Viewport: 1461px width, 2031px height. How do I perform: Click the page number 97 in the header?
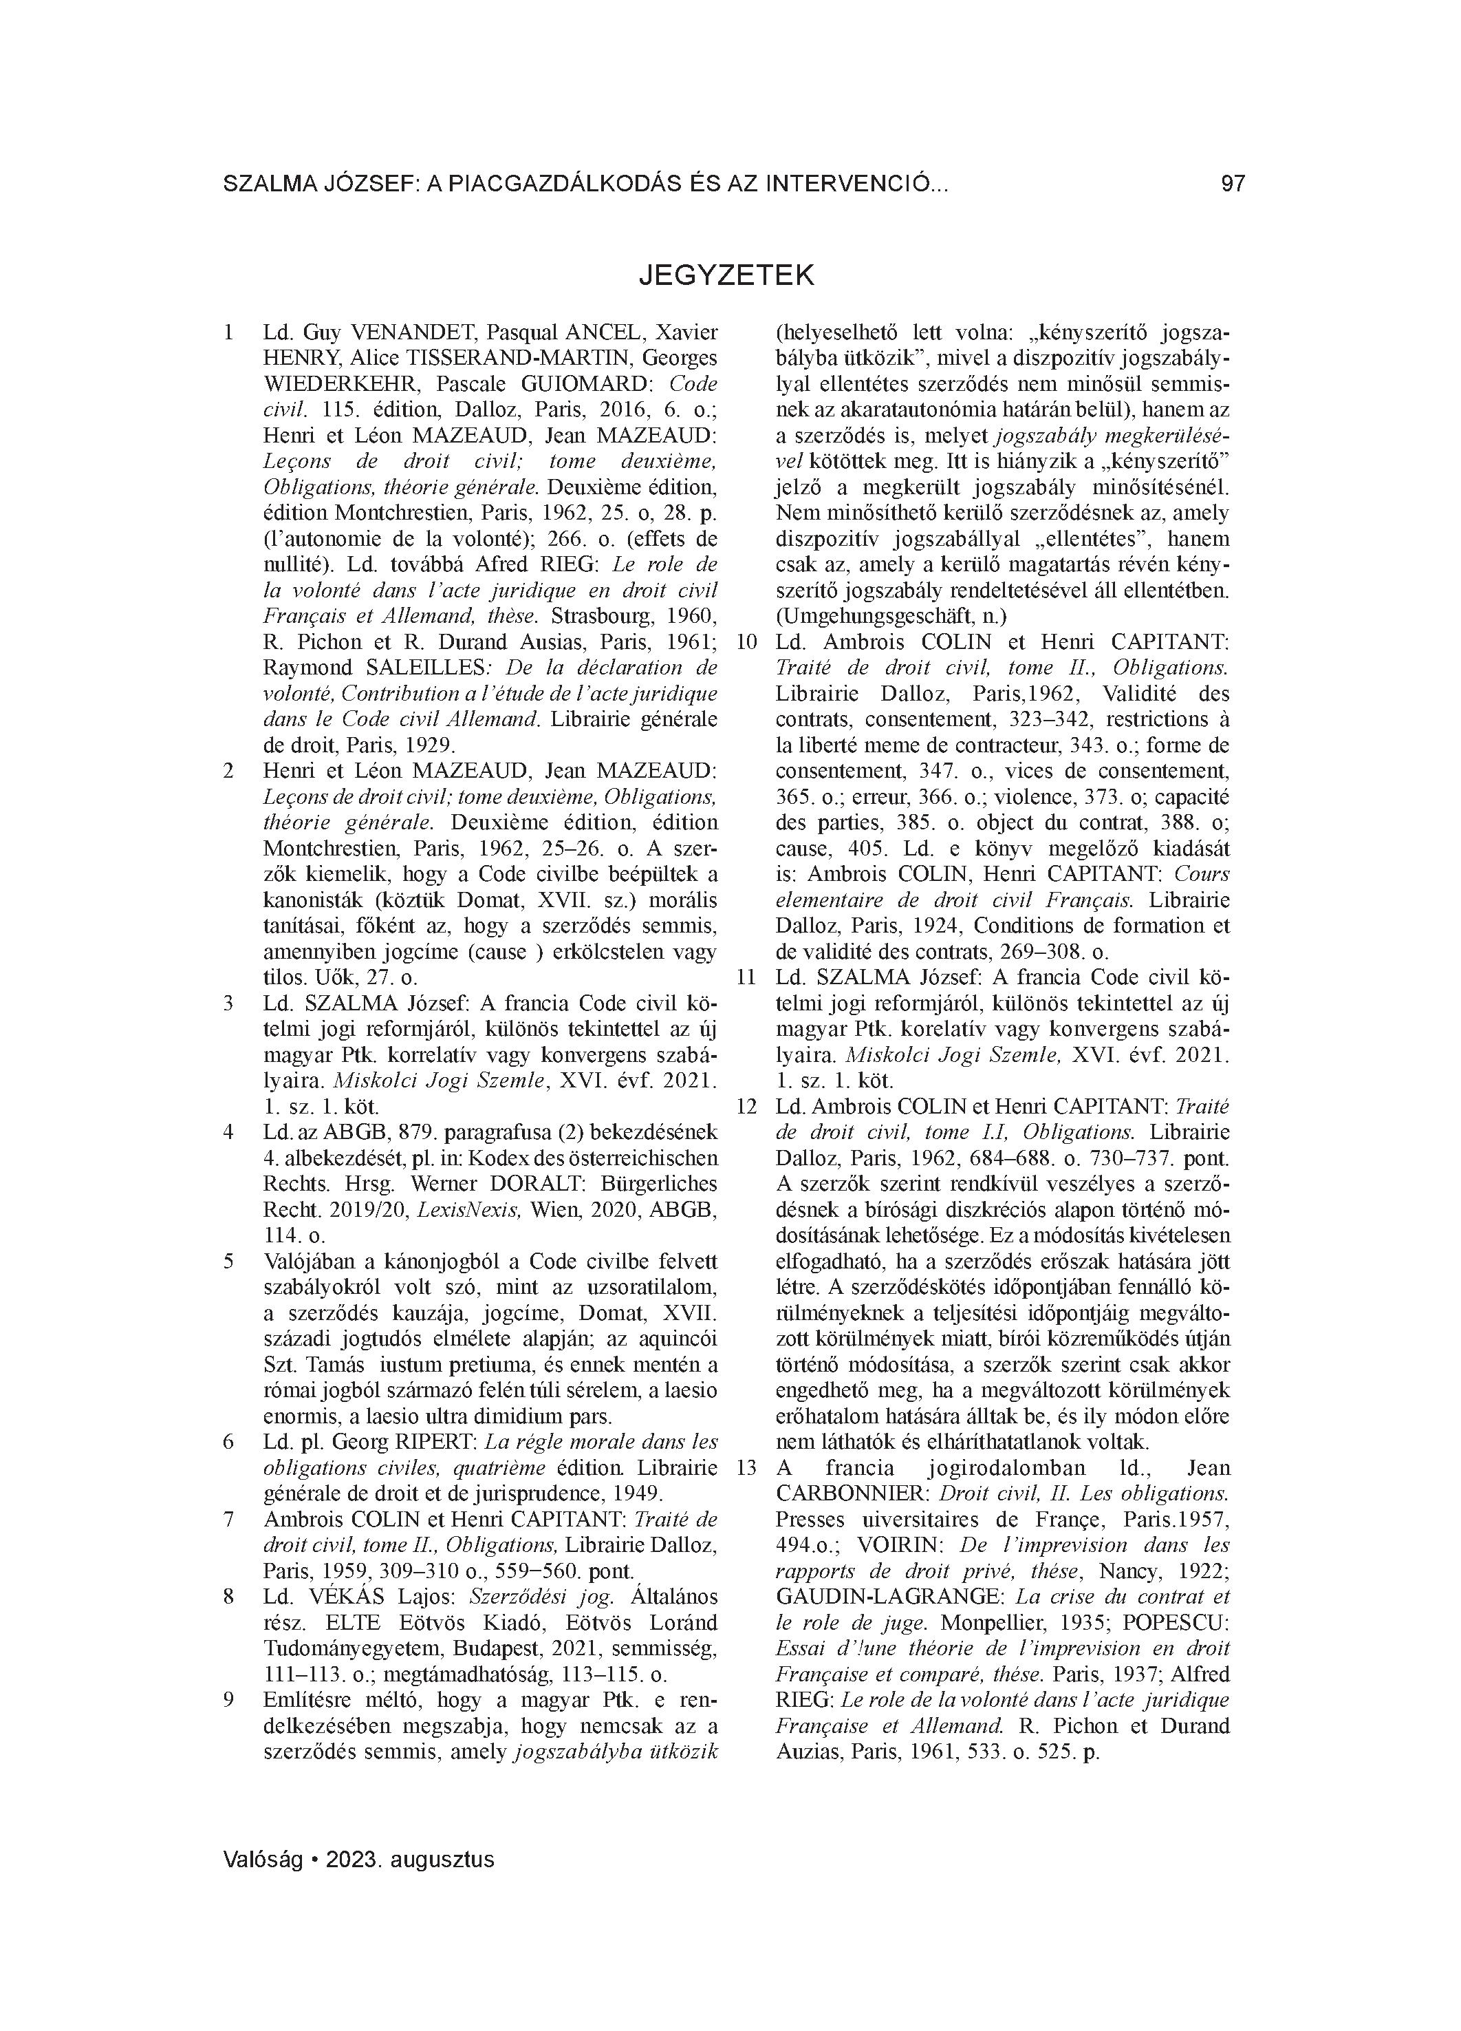1232,184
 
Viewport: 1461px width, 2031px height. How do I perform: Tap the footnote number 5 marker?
229,1262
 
